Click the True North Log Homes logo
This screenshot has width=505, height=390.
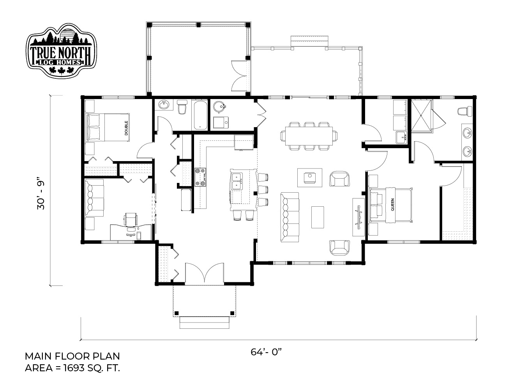point(61,50)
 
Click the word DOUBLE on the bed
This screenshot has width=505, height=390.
point(126,128)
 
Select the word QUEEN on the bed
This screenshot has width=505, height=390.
point(392,204)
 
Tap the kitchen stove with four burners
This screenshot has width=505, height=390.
point(200,177)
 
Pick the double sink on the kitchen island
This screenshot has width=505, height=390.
point(237,181)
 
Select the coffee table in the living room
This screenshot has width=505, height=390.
point(318,217)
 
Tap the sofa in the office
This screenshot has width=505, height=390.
point(94,198)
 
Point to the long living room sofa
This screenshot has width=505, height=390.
point(290,217)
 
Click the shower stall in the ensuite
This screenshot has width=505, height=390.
point(421,115)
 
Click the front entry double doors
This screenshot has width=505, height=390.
point(205,273)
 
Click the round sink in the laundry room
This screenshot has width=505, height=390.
point(219,107)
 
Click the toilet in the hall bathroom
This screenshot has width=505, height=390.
point(182,107)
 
